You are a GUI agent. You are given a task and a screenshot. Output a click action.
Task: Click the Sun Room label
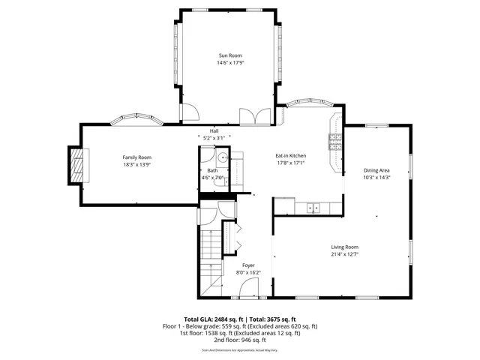coord(230,55)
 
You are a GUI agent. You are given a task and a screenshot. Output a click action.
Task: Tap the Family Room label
coord(137,157)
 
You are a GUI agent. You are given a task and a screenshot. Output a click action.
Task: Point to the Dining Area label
coord(376,170)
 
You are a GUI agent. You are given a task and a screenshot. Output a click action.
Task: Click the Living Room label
coord(345,247)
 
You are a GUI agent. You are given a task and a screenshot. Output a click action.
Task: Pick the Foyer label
coord(248,265)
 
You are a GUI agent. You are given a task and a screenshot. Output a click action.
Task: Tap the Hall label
coord(214,130)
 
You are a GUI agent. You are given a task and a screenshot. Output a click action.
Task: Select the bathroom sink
coord(223,158)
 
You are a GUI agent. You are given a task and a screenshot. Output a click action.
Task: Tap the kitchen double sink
coord(312,208)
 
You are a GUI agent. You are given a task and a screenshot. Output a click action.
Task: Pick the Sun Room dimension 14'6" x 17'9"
coord(230,63)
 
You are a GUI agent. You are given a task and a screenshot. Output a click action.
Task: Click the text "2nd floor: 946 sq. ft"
coord(240,339)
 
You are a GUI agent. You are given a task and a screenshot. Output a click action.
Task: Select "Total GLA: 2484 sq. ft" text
coord(214,319)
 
